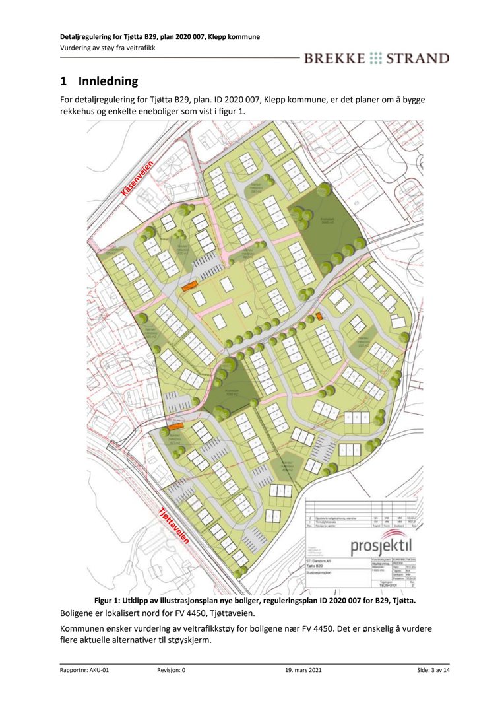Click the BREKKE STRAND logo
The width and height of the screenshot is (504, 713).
coord(376,58)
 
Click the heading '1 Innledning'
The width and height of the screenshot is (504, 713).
coord(99,82)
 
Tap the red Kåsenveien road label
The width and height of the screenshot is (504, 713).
coord(138,178)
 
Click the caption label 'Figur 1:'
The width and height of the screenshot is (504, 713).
coord(110,601)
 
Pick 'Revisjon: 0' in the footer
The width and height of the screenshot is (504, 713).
coord(172,670)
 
